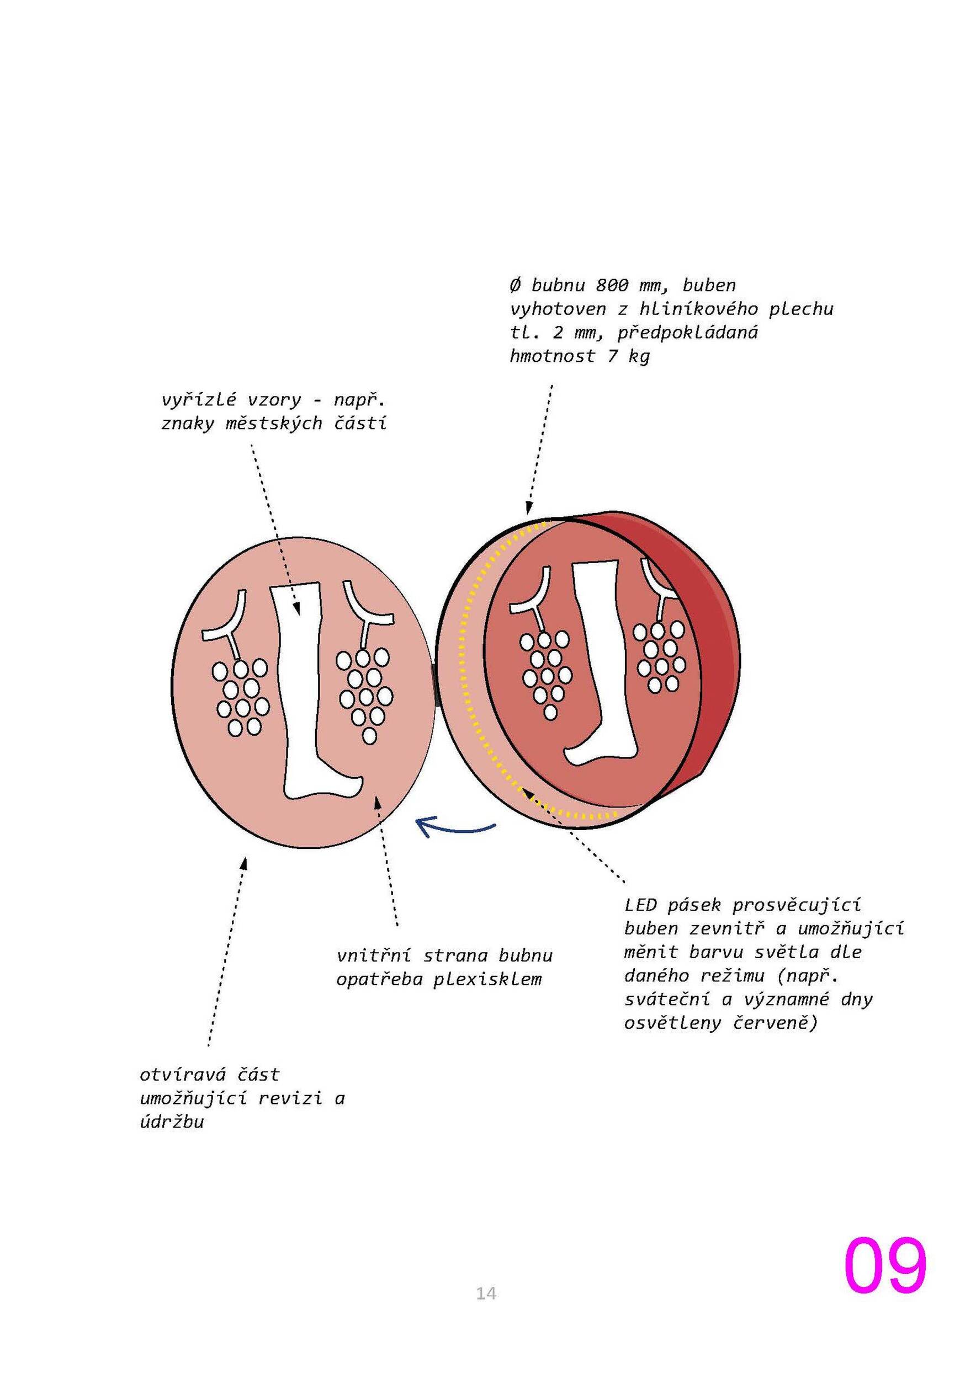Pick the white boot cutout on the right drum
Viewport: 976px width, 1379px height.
pos(601,661)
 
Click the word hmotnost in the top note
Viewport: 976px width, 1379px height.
pos(552,356)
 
